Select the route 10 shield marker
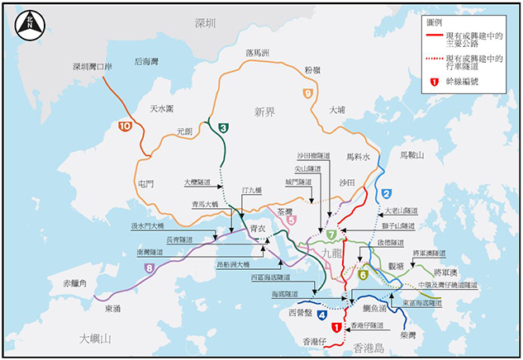[x=125, y=126]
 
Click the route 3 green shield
[x=223, y=128]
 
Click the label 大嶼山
[x=95, y=339]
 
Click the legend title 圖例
[x=436, y=23]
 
